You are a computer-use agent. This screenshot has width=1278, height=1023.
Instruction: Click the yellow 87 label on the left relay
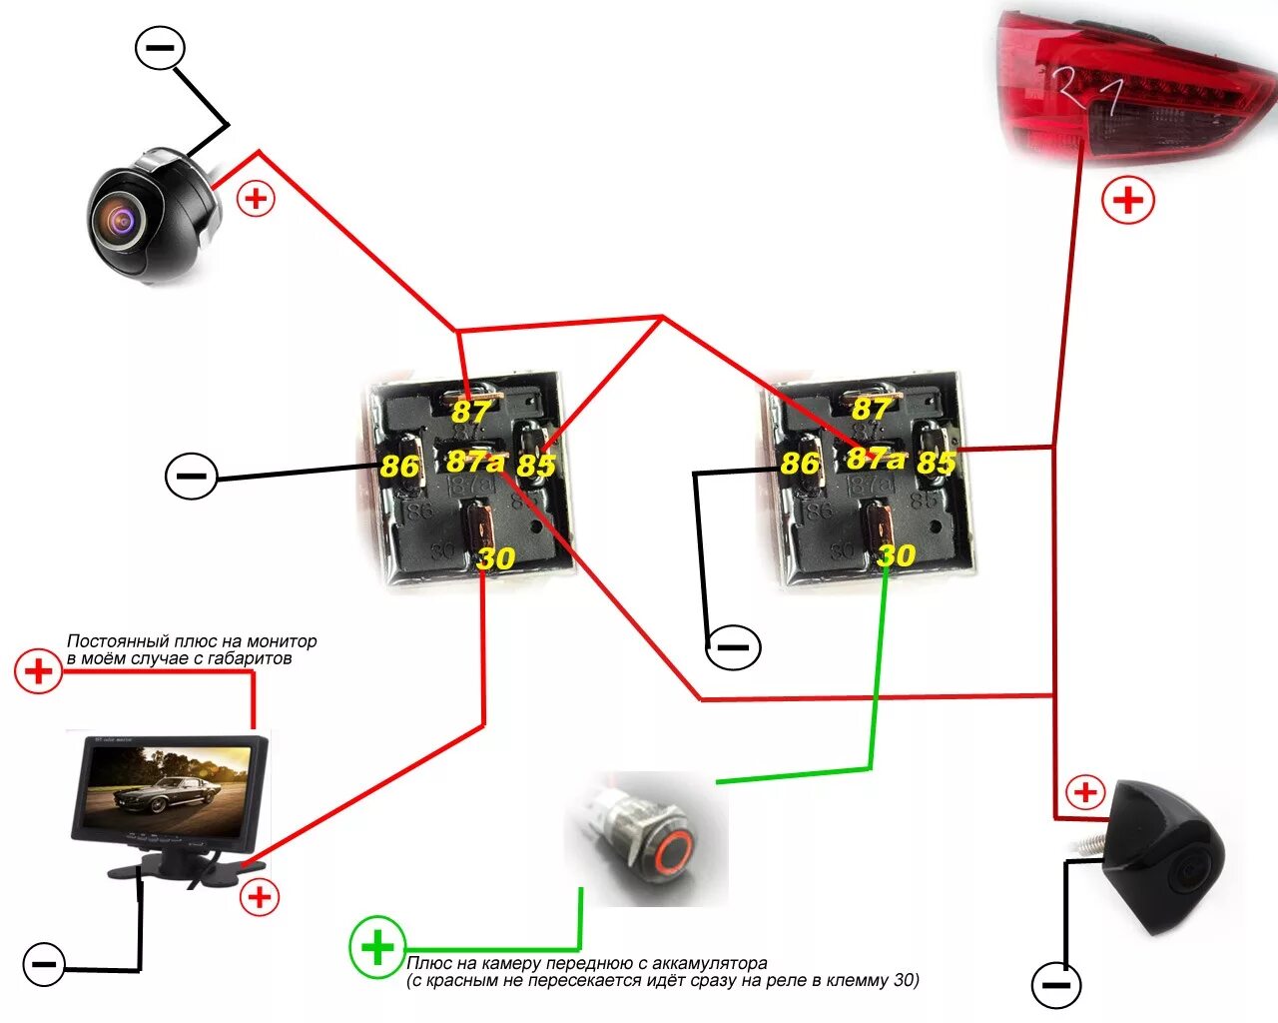pos(471,411)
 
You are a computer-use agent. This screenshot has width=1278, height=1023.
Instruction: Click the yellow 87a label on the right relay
pos(876,459)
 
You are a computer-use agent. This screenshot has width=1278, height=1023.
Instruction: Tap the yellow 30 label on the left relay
pos(495,558)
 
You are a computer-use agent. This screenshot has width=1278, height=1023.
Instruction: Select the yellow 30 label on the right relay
pos(896,555)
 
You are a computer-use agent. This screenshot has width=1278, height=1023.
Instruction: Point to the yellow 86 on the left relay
pos(399,467)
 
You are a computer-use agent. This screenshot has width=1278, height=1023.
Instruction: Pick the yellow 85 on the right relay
pos(936,463)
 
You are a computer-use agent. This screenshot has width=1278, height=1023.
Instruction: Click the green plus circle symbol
pos(377,947)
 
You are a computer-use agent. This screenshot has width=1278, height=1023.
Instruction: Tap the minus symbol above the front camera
pos(160,47)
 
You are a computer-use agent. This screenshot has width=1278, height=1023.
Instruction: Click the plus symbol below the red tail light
pos(1128,201)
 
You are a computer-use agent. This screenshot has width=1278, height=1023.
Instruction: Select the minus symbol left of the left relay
pos(191,476)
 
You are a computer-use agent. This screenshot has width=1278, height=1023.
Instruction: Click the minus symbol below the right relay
pos(734,647)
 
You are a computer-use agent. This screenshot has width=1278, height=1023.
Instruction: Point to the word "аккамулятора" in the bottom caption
pos(709,964)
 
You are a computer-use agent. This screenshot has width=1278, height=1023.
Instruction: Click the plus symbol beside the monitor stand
pos(260,897)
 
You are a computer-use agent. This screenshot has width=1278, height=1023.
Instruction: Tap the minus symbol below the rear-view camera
pos(1055,986)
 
